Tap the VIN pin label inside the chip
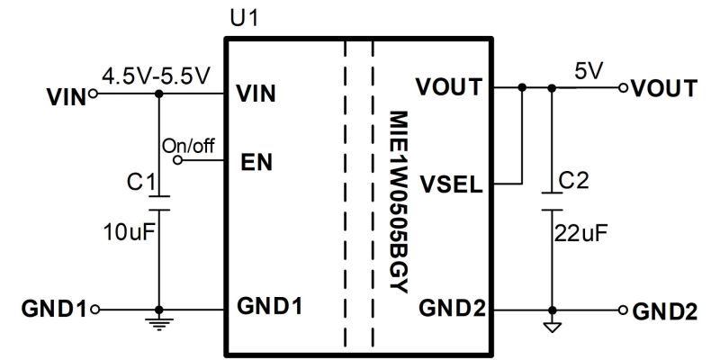click(256, 94)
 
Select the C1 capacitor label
click(138, 184)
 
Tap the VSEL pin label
click(454, 186)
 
